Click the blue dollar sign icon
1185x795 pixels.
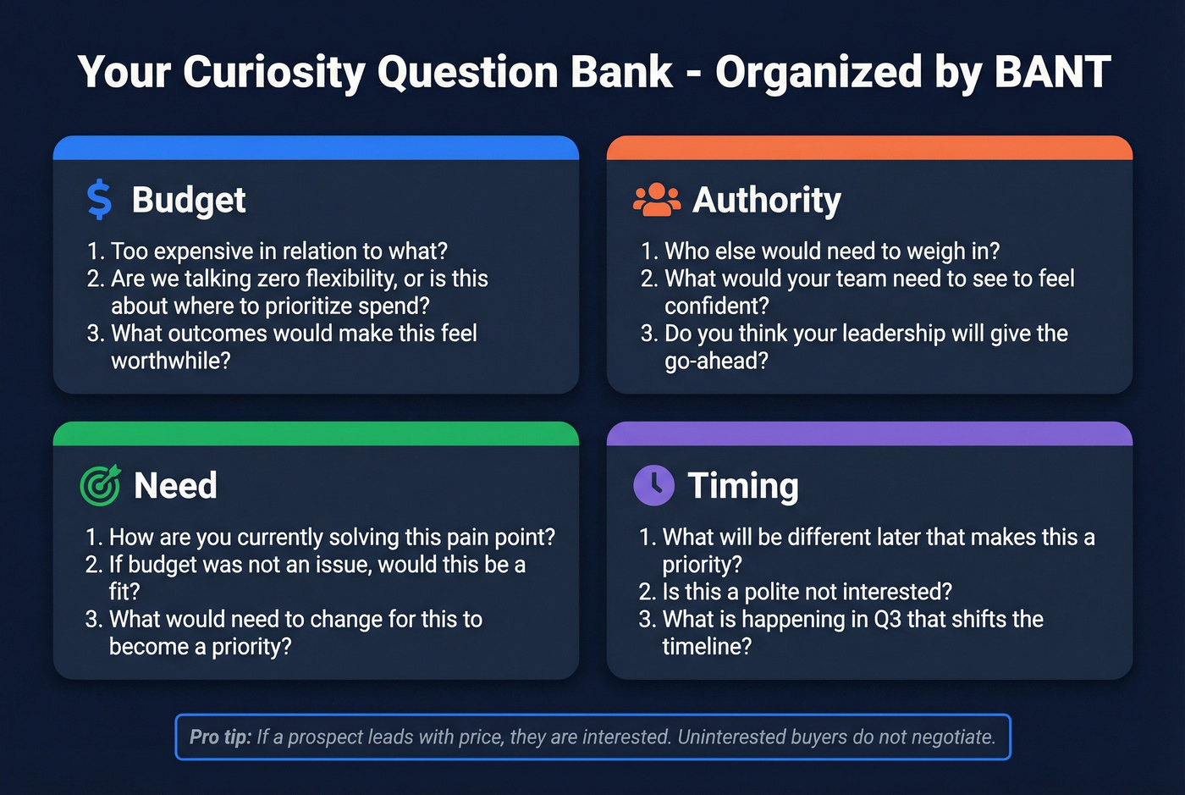(99, 200)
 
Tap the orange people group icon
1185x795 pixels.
(656, 200)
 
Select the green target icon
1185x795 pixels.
(101, 486)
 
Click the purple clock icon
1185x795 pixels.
(653, 486)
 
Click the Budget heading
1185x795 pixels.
(189, 201)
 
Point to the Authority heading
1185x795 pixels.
(767, 201)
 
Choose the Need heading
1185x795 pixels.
(175, 486)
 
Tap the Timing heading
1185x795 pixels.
(743, 486)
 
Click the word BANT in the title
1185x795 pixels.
(1052, 72)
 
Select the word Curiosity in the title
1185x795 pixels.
(274, 72)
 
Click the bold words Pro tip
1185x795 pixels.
(220, 737)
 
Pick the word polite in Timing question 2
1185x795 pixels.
(777, 592)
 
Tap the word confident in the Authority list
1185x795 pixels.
(712, 306)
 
